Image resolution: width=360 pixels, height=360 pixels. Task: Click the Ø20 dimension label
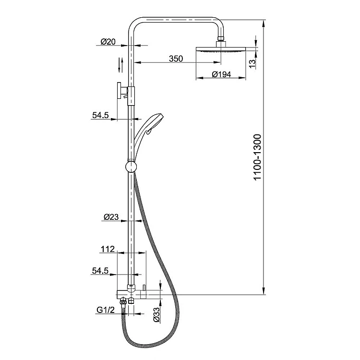(x=108, y=42)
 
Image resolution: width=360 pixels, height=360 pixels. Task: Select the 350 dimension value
(x=176, y=59)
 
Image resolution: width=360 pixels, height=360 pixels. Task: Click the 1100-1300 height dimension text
(x=258, y=158)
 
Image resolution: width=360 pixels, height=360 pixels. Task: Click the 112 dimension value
(x=107, y=249)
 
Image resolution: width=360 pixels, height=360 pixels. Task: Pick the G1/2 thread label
(x=105, y=310)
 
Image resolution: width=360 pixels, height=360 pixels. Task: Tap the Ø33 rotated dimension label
(x=156, y=314)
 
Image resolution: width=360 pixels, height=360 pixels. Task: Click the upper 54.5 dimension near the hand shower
(x=100, y=115)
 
